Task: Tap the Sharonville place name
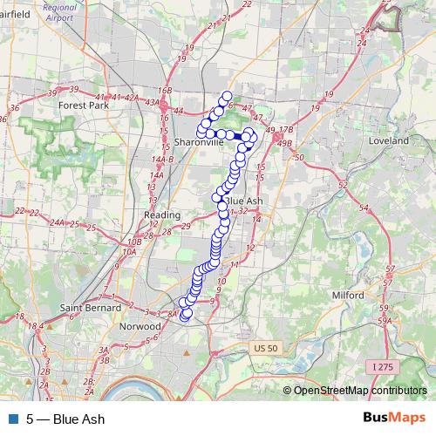click(x=199, y=141)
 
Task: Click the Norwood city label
click(x=142, y=326)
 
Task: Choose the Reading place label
click(x=162, y=215)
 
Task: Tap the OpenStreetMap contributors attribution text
click(x=361, y=391)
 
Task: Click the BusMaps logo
click(x=393, y=419)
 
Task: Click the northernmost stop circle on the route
click(x=228, y=97)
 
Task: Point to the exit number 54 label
click(x=363, y=208)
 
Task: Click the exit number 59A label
click(x=384, y=321)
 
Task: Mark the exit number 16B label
click(x=166, y=90)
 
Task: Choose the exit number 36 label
click(x=14, y=108)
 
